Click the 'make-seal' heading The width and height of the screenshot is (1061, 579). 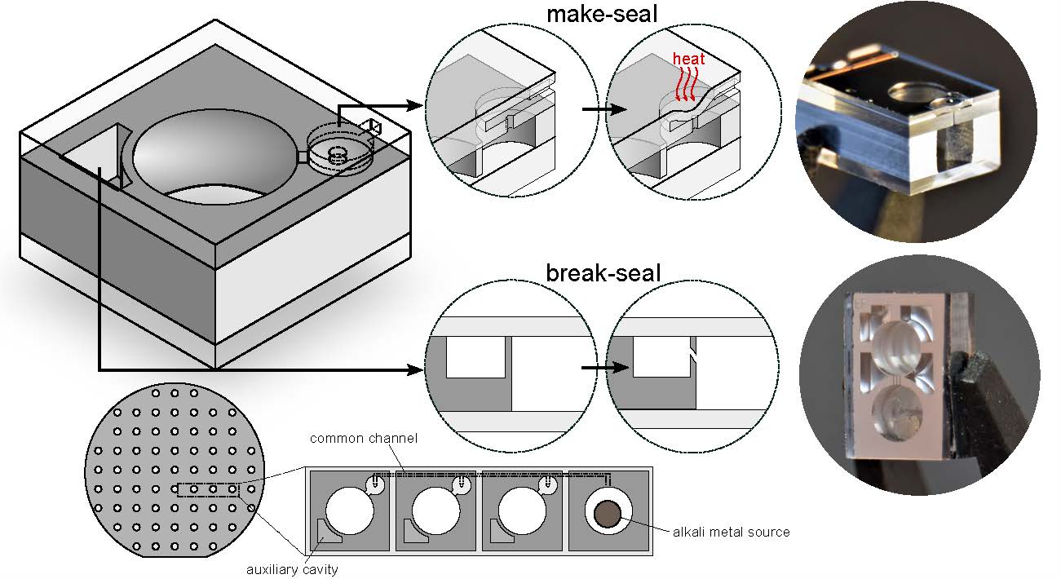602,15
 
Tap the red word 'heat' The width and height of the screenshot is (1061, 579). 688,60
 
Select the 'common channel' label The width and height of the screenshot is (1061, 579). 363,439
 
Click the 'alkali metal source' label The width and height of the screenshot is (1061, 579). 731,532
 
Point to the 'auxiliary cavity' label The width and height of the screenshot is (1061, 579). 292,569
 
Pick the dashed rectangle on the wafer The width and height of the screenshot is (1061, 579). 209,490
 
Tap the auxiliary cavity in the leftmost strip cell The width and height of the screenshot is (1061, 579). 325,533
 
